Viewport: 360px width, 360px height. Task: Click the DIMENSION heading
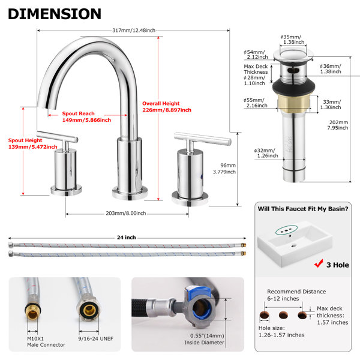point(55,14)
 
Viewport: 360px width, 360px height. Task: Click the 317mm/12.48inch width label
point(134,31)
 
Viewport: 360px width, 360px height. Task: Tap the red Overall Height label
point(167,107)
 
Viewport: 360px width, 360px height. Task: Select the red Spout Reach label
point(86,116)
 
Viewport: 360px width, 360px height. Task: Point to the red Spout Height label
point(33,143)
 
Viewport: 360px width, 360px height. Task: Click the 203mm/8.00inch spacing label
point(126,213)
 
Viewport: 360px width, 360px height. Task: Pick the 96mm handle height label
point(224,169)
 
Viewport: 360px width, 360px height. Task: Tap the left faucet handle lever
point(57,136)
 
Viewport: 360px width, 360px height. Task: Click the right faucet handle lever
point(203,139)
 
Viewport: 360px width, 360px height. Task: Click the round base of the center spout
point(130,193)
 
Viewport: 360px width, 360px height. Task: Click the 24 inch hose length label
point(126,238)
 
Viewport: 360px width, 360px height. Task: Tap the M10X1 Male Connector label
point(46,341)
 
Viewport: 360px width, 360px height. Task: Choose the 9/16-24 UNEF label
point(96,338)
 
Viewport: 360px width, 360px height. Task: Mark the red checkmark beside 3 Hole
point(319,263)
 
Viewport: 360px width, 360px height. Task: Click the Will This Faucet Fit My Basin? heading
point(303,209)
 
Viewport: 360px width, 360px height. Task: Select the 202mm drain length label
point(338,125)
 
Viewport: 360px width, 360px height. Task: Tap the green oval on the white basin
point(287,230)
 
